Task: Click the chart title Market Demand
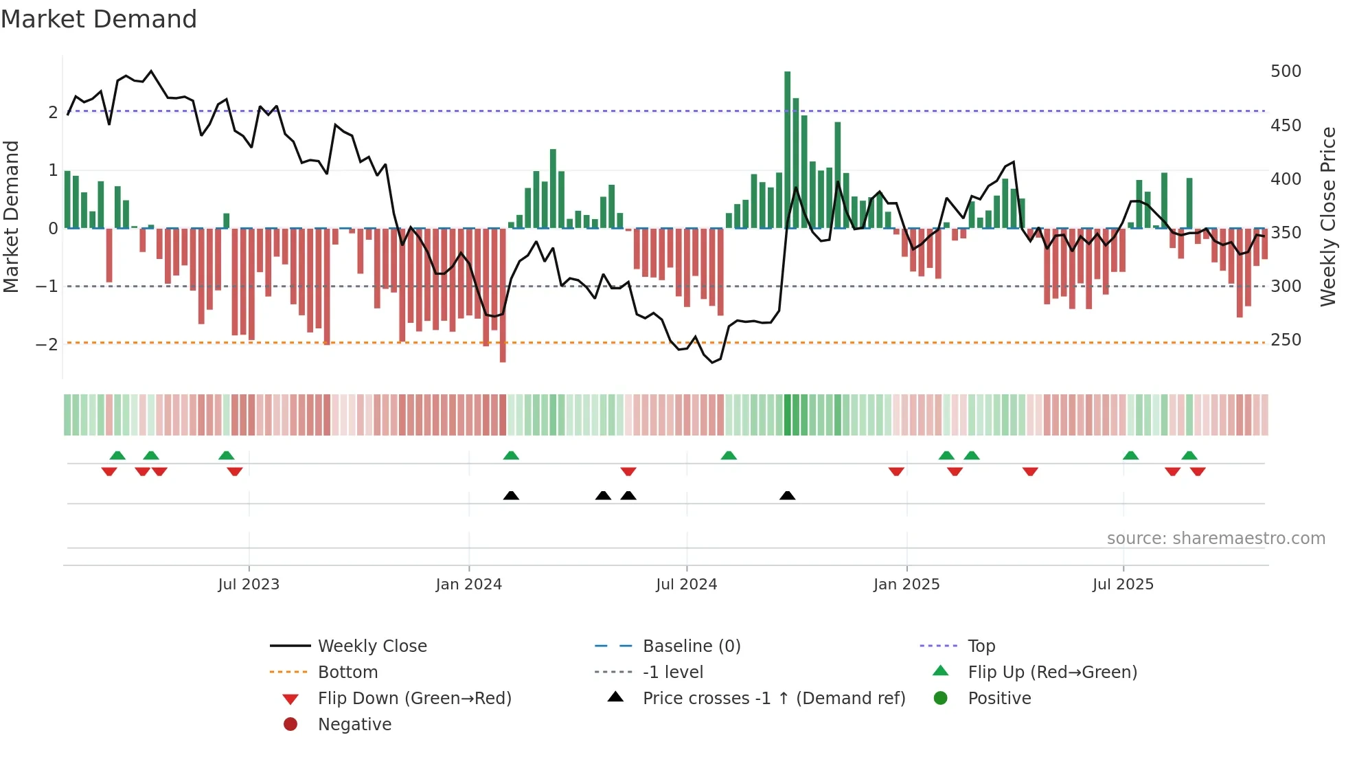point(99,19)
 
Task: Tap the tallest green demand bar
point(788,150)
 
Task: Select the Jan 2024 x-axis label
point(468,585)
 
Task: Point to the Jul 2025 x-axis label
point(1123,585)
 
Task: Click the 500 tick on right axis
point(1286,71)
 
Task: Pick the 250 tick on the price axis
point(1286,340)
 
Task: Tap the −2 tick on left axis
point(47,344)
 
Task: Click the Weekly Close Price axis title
point(1328,216)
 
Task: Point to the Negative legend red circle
point(290,725)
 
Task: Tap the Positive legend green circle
point(941,699)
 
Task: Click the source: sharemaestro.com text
point(1216,539)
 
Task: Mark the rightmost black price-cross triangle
point(788,495)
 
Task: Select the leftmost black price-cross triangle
point(511,495)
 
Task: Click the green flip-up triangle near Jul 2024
point(729,455)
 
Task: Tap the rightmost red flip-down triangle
point(1198,471)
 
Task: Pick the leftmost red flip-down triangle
point(109,471)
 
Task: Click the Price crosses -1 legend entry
point(773,699)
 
